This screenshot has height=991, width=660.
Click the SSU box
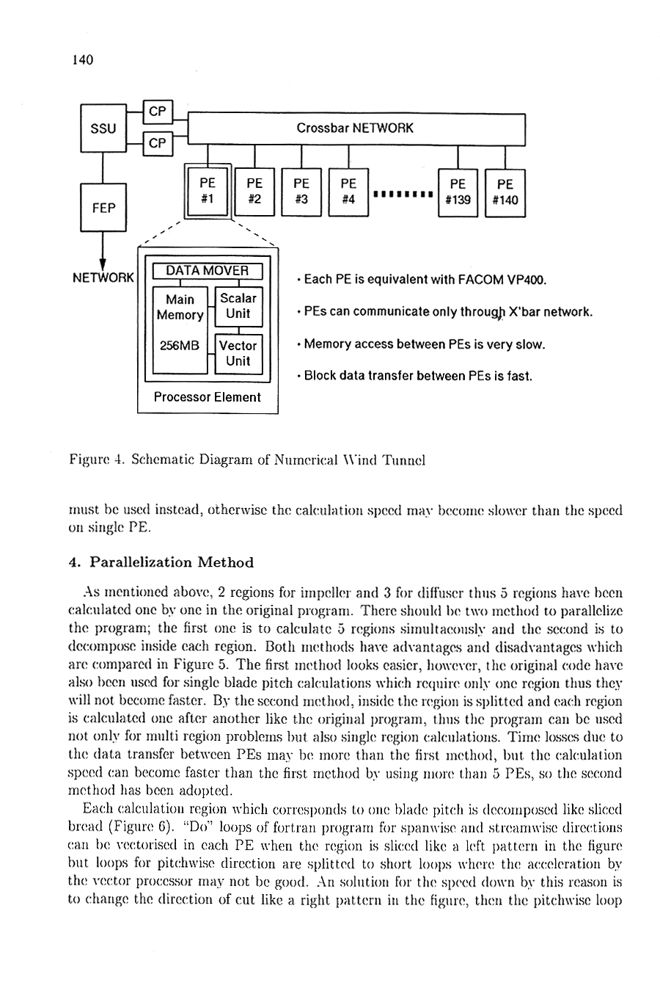click(x=103, y=128)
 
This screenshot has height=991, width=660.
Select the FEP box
click(x=103, y=208)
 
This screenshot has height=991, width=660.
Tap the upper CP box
click(x=158, y=112)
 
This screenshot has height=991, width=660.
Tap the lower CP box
click(x=158, y=143)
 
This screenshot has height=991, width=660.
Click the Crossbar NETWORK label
click(x=354, y=128)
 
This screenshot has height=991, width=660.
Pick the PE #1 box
click(x=208, y=191)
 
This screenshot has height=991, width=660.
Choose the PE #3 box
click(x=301, y=192)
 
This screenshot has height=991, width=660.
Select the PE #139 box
click(x=458, y=193)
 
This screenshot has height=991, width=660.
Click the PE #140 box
click(x=505, y=193)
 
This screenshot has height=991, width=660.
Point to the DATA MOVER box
click(x=208, y=271)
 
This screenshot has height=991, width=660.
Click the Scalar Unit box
click(x=239, y=307)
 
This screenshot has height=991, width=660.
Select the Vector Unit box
click(x=239, y=354)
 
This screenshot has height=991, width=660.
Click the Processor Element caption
click(x=208, y=397)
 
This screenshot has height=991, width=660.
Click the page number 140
click(x=83, y=59)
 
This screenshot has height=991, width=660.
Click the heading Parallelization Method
click(x=172, y=562)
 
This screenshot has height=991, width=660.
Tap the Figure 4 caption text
click(x=247, y=460)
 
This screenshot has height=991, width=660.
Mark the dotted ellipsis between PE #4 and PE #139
click(x=403, y=194)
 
